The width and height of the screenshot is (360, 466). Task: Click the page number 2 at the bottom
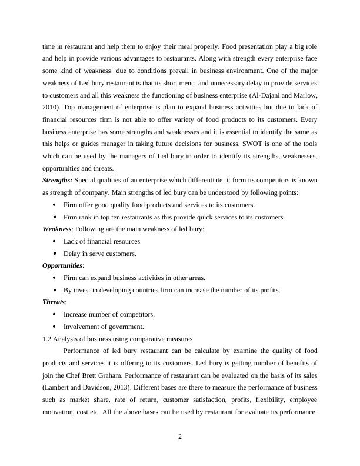pos(180,437)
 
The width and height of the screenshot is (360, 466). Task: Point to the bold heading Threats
pos(54,302)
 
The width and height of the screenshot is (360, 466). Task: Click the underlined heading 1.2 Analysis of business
pos(118,338)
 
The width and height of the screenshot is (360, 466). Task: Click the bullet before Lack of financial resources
pos(54,241)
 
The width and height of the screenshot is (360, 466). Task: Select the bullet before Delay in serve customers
pos(54,254)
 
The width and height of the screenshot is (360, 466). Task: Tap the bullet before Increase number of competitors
pos(54,314)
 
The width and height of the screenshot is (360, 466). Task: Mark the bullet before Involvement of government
pos(54,327)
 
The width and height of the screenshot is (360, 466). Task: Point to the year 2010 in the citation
pos(52,106)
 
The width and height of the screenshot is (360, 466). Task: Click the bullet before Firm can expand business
pos(54,278)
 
